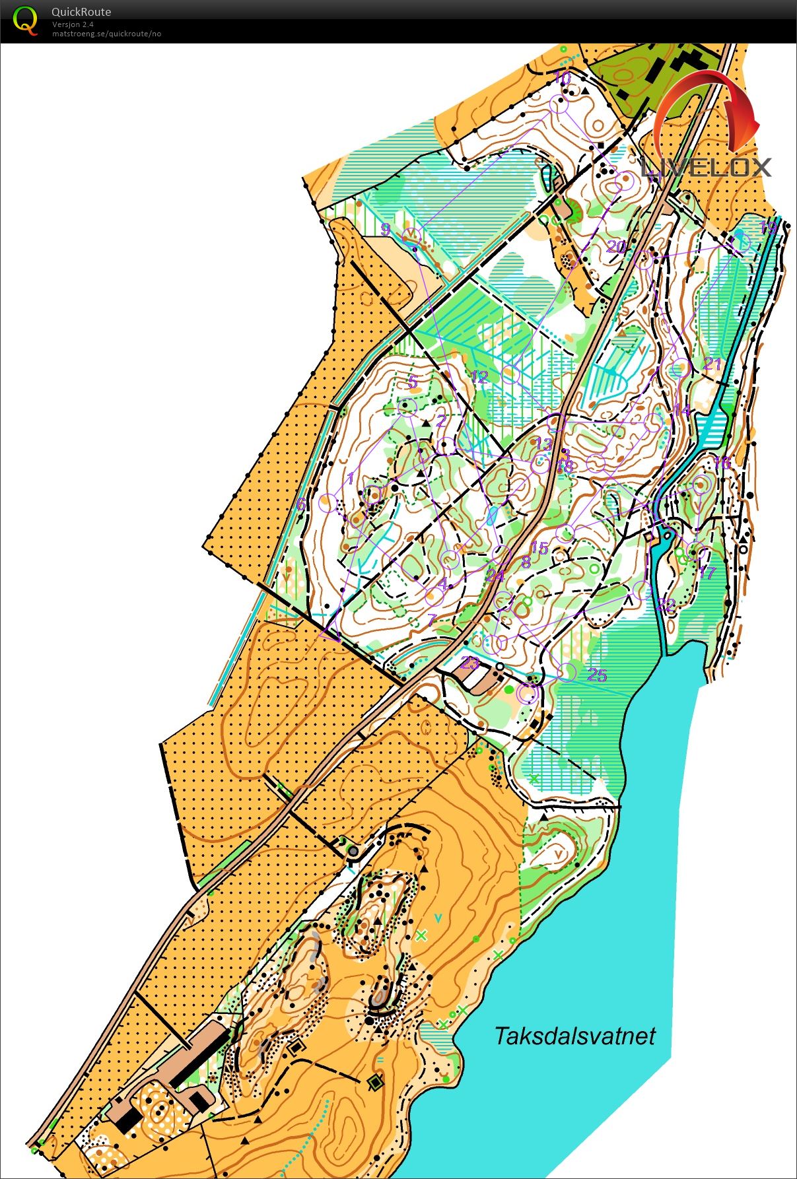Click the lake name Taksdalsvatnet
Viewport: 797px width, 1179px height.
click(574, 1035)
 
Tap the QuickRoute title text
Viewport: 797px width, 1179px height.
click(81, 11)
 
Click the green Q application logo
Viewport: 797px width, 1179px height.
click(25, 20)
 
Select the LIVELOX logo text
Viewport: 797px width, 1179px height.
click(707, 166)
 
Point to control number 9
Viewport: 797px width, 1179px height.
click(386, 229)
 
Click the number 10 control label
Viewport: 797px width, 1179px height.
click(562, 78)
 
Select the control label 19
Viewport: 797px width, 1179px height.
click(768, 228)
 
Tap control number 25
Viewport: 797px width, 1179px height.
click(597, 675)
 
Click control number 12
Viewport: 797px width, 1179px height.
click(479, 377)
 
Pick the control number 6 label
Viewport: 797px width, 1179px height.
click(301, 504)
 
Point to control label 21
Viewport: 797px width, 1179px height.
click(712, 364)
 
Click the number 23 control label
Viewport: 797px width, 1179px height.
click(469, 662)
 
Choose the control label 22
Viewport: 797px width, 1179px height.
click(666, 605)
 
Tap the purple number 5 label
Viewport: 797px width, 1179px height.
click(413, 382)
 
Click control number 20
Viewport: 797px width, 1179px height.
click(616, 247)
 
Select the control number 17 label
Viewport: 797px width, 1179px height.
click(707, 572)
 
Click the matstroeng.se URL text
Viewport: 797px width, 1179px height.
click(106, 34)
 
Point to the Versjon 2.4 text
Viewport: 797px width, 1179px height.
click(73, 24)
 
